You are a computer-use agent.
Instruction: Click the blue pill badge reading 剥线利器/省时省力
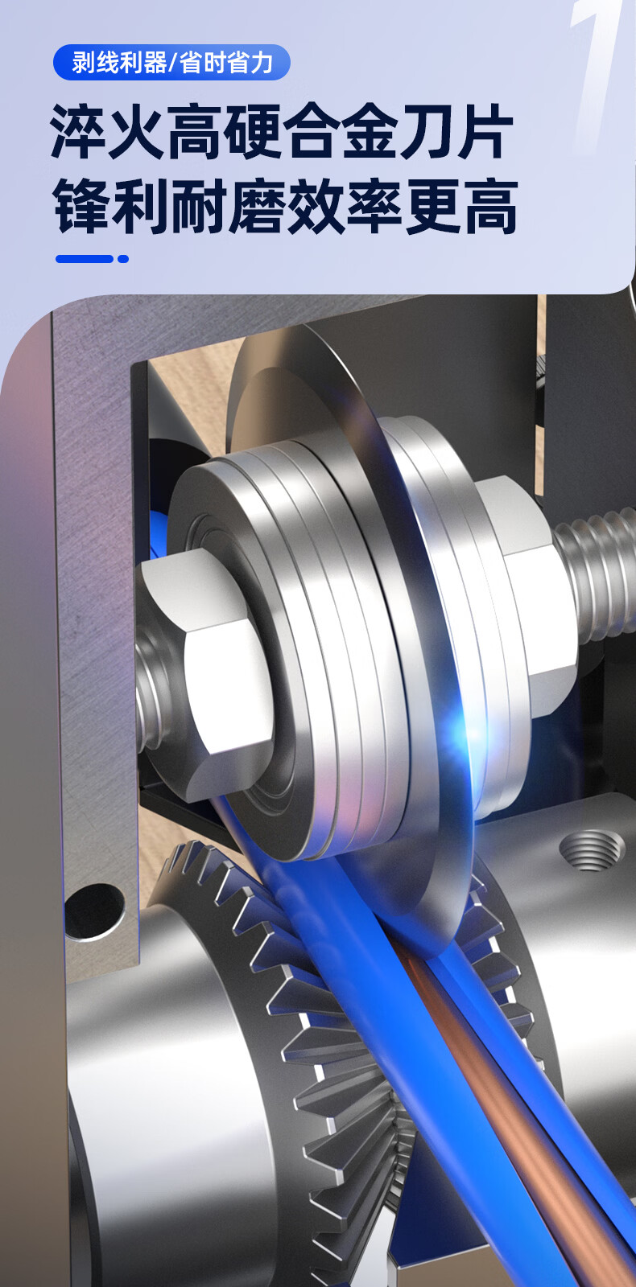tap(171, 62)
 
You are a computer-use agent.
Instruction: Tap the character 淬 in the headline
tap(78, 132)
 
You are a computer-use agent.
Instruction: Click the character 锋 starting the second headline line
tap(82, 206)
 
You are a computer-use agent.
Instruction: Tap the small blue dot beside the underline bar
tap(123, 259)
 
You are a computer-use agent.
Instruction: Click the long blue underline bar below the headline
tap(84, 259)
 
